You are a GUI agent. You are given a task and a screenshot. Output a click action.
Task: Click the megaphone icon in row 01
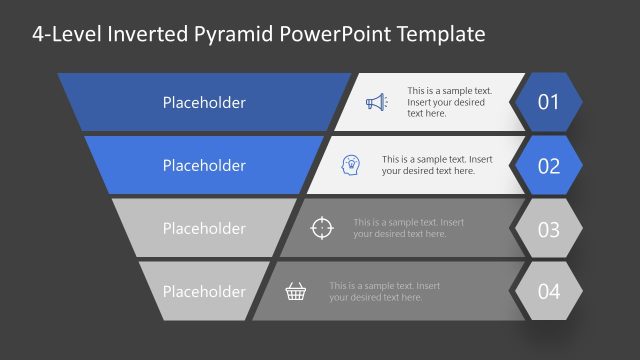click(375, 102)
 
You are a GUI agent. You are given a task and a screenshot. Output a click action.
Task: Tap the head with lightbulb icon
click(351, 164)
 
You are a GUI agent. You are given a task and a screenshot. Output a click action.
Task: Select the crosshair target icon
click(321, 228)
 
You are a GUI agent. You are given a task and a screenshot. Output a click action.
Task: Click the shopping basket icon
click(296, 291)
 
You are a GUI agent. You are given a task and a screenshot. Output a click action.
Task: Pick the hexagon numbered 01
click(548, 102)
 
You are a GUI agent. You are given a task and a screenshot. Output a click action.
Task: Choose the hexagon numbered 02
click(548, 165)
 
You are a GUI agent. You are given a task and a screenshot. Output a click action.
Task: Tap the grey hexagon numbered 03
click(548, 229)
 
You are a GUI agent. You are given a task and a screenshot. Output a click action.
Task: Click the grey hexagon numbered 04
click(548, 292)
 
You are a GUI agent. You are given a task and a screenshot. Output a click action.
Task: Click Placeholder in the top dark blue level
click(204, 102)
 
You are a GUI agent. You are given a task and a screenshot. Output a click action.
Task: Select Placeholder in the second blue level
click(204, 165)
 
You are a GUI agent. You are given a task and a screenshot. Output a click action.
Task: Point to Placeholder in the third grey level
click(204, 228)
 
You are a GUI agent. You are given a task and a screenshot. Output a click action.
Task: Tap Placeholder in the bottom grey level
click(204, 291)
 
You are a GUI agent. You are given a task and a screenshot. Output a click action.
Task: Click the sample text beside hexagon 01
click(447, 102)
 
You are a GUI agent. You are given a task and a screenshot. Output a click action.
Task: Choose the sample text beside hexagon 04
click(384, 291)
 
